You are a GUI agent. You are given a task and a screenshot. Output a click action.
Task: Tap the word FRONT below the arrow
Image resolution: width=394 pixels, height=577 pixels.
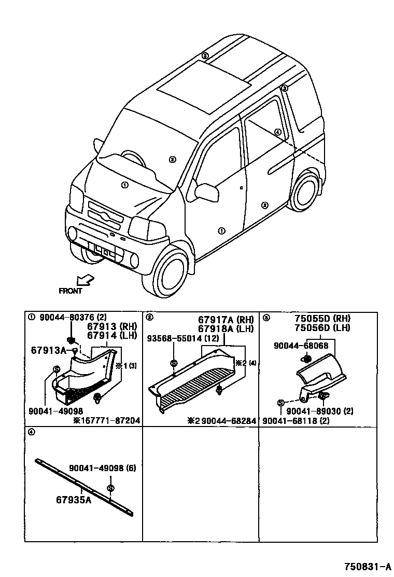pyautogui.click(x=71, y=291)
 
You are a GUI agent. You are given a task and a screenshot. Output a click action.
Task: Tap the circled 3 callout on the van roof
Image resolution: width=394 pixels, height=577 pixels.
pyautogui.click(x=205, y=56)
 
